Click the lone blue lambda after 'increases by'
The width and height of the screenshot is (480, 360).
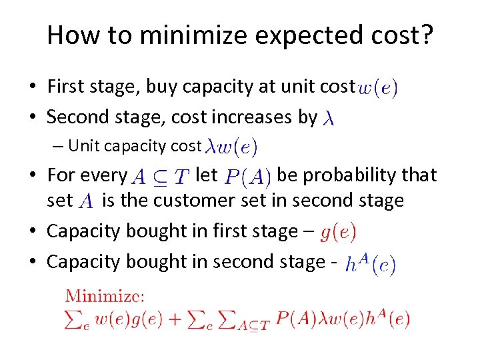point(328,119)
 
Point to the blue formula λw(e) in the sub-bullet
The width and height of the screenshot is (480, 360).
point(232,145)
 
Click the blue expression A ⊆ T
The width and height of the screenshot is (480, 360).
point(160,177)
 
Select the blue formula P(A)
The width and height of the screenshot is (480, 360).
point(247,177)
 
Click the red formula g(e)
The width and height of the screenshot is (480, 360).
point(338,233)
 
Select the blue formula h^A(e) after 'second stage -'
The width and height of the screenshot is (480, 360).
point(371,265)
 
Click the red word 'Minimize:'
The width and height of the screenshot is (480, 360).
point(105,296)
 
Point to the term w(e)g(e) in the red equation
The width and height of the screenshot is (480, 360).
point(129,319)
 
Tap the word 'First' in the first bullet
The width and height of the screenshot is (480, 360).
point(65,87)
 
